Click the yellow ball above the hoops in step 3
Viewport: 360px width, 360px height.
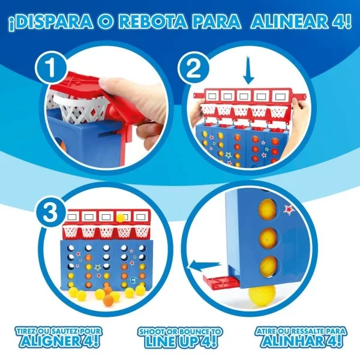coord(121,217)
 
